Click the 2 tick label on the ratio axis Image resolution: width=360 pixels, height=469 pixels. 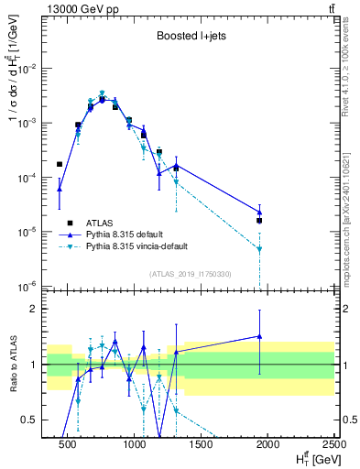point(34,309)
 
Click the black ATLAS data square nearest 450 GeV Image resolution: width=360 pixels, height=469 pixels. point(60,165)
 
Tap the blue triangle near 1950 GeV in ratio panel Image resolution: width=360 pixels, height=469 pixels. point(259,336)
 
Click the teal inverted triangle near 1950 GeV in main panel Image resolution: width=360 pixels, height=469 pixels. point(259,249)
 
